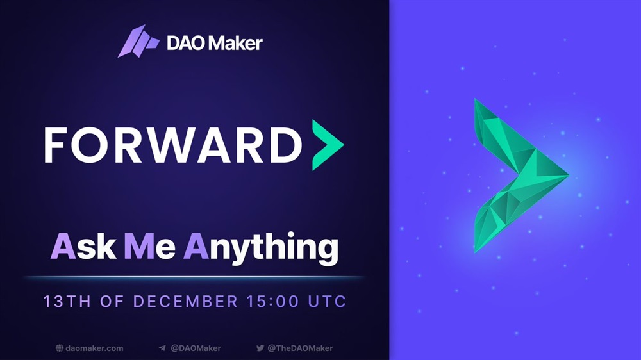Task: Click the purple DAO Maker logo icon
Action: pyautogui.click(x=138, y=41)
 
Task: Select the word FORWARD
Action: pyautogui.click(x=173, y=145)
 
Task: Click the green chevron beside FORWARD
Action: pyautogui.click(x=328, y=145)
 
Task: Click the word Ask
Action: pyautogui.click(x=83, y=246)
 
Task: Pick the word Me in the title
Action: pyautogui.click(x=149, y=247)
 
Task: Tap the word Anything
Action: pyautogui.click(x=261, y=249)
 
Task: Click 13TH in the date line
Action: pyautogui.click(x=67, y=302)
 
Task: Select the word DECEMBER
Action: pyautogui.click(x=186, y=302)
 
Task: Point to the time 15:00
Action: pyautogui.click(x=272, y=302)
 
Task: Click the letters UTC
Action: pyautogui.click(x=327, y=302)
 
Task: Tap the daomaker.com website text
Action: pyautogui.click(x=94, y=348)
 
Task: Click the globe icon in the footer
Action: pyautogui.click(x=60, y=348)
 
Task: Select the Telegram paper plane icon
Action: pyautogui.click(x=162, y=348)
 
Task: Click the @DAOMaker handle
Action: pyautogui.click(x=196, y=348)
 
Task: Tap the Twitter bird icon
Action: pyautogui.click(x=260, y=348)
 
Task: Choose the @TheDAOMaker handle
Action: pyautogui.click(x=300, y=348)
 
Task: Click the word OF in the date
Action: pyautogui.click(x=112, y=302)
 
